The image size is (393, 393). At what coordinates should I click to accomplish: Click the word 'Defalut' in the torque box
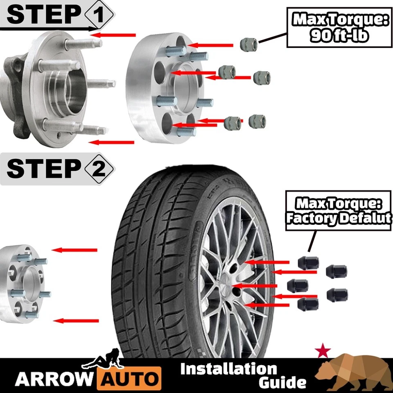click(366, 218)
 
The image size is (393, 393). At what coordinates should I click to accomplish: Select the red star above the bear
click(323, 350)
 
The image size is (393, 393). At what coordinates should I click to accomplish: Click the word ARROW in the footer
click(54, 379)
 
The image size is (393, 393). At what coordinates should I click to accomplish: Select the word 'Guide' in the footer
click(282, 383)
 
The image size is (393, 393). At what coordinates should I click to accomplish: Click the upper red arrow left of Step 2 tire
click(76, 250)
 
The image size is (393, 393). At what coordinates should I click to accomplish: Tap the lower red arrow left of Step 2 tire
click(77, 321)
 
